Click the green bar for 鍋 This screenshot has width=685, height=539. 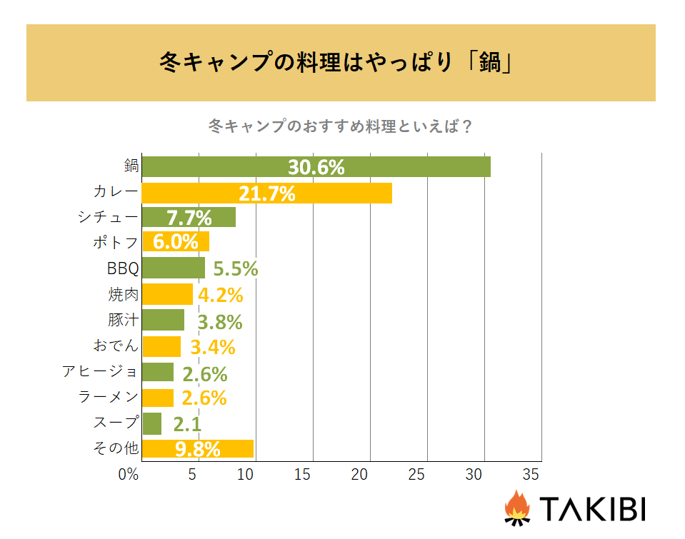click(316, 166)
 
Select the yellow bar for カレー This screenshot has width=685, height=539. click(266, 193)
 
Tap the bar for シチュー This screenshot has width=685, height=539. click(189, 217)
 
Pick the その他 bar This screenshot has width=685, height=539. click(198, 448)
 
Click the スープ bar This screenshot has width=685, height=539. click(152, 423)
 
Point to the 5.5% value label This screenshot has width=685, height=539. click(236, 269)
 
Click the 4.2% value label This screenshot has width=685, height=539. click(220, 295)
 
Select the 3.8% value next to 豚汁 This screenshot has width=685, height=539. click(219, 321)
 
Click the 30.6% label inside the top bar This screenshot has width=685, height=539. click(316, 167)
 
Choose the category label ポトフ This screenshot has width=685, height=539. click(114, 242)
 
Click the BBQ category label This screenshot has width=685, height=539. click(119, 268)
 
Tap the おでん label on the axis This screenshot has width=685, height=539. click(115, 346)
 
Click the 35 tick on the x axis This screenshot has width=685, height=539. click(530, 474)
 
